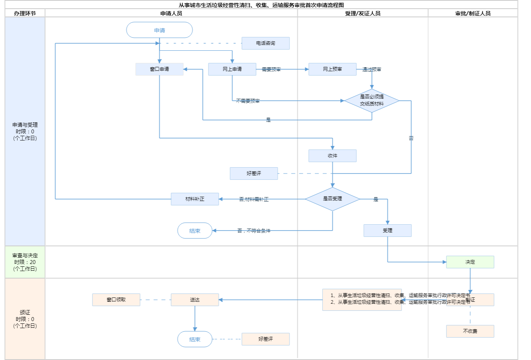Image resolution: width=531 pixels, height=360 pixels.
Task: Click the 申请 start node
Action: point(159,30)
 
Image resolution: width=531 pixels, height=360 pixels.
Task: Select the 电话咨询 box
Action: point(265,43)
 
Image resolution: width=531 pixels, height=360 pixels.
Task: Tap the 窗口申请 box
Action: point(159,69)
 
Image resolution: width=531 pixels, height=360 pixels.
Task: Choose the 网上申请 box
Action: point(232,69)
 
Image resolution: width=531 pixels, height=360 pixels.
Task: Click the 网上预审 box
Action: point(332,69)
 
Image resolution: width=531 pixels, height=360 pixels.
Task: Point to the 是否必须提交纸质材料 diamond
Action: point(372,100)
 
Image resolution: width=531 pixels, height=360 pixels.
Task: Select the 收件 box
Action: point(332,156)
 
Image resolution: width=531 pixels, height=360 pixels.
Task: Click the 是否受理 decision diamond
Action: point(332,199)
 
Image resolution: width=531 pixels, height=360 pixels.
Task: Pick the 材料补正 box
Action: point(195,199)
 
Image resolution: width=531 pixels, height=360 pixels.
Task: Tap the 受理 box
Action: point(387,231)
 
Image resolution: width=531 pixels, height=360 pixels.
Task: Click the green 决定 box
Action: point(470,262)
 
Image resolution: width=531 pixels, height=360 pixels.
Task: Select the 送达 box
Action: point(195,300)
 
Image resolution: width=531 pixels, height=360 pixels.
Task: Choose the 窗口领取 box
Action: point(116,300)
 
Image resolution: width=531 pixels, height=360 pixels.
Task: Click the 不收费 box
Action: point(470,331)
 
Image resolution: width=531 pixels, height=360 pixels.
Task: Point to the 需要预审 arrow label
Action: point(271,70)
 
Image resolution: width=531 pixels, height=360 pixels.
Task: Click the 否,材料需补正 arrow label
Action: point(254,199)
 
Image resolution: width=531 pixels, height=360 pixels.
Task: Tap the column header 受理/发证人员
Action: point(363,13)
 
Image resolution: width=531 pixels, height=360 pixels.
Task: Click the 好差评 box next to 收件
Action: point(254,174)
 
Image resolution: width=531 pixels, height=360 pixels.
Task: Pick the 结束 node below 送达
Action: point(195,339)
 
